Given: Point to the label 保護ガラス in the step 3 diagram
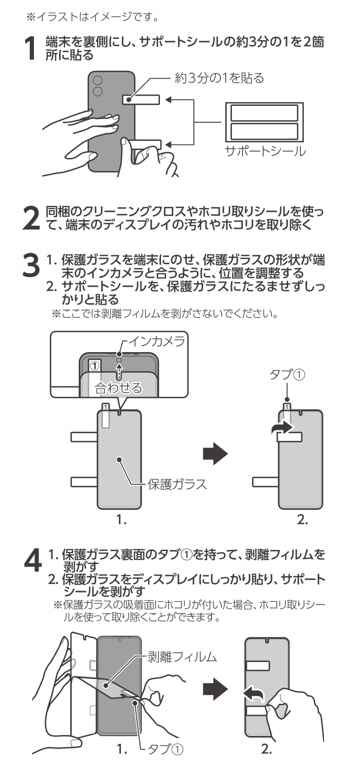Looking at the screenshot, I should pos(177,484).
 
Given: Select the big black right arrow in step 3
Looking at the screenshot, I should pos(214,452).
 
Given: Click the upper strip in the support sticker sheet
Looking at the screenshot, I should pos(264,113).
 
